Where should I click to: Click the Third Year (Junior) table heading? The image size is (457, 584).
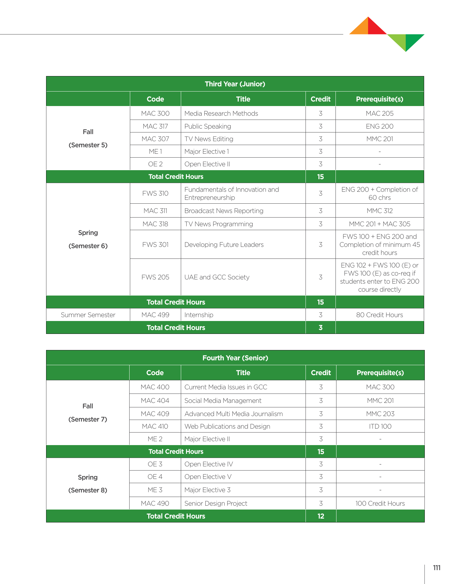pos(235,84)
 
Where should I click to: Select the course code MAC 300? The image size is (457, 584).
pos(155,113)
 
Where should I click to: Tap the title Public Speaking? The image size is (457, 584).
pos(208,126)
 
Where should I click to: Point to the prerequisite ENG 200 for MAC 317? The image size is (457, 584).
pos(379,126)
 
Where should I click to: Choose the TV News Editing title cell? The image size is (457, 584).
pos(209,139)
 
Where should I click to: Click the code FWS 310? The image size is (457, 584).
pos(155,193)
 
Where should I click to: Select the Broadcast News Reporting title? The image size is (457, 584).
pos(224,211)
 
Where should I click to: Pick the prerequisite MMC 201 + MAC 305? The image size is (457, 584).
pos(379,224)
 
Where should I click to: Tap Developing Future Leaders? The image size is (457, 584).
pos(224,245)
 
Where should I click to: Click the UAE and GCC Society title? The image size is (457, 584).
pos(217,277)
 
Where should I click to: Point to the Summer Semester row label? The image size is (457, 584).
pos(88,315)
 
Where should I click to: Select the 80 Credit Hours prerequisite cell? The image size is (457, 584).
pos(379,315)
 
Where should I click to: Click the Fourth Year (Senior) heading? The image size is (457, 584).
pos(235,358)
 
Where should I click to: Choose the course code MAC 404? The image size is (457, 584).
pos(155,401)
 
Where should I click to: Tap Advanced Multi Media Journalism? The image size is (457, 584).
pos(234,414)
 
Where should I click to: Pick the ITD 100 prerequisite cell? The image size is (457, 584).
pos(380,426)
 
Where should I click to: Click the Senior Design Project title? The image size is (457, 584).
pos(216,503)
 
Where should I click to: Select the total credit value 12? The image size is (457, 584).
pos(321,516)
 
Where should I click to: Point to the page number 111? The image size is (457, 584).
pos(437,568)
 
